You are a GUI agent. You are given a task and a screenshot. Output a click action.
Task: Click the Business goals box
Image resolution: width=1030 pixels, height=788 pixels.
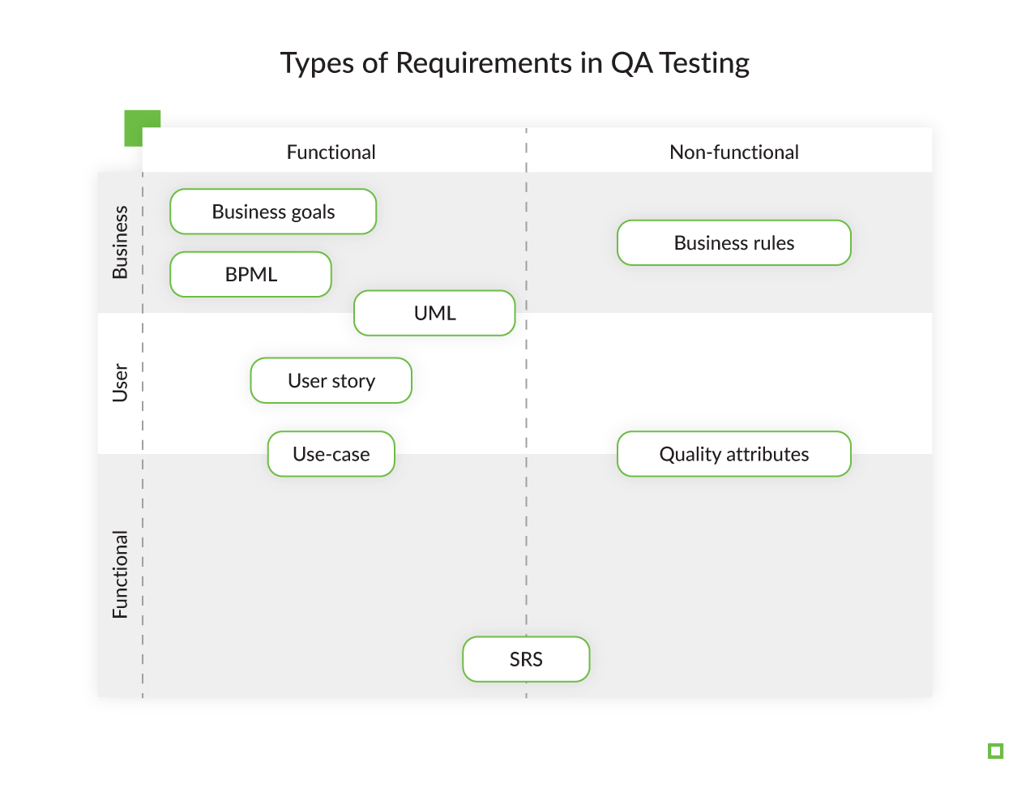[x=273, y=212]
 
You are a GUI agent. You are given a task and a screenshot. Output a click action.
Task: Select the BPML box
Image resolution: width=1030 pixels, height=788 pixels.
[x=250, y=275]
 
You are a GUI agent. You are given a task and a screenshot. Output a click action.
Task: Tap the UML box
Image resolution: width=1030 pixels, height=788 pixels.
[x=434, y=313]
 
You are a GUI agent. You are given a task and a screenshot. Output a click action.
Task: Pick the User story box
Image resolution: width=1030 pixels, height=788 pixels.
[x=331, y=381]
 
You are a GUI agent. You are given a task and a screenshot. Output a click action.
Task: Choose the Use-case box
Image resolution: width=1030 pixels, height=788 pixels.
[x=331, y=454]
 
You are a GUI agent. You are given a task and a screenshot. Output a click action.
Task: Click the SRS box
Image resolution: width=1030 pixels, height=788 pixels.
[x=526, y=659]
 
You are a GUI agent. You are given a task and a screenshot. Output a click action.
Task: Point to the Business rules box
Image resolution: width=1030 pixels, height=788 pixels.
[x=733, y=243]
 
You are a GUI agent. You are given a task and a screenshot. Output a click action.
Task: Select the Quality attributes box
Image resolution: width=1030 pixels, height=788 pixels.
[x=733, y=454]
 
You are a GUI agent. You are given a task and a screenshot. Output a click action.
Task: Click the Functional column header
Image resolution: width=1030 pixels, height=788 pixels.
[x=331, y=152]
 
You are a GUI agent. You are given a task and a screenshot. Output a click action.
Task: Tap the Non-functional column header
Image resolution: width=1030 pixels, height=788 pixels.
[x=733, y=152]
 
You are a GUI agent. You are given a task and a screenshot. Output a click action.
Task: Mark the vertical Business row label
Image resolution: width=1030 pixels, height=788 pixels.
[x=120, y=242]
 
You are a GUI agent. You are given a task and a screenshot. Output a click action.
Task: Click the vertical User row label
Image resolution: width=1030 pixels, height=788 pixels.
[x=120, y=383]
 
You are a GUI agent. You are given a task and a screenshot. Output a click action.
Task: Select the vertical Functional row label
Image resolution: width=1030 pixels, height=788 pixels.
[x=120, y=575]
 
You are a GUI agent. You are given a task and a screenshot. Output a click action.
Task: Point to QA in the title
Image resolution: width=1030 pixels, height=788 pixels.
[x=631, y=63]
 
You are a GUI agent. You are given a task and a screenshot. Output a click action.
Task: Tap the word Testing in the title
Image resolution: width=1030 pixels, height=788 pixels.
[x=704, y=63]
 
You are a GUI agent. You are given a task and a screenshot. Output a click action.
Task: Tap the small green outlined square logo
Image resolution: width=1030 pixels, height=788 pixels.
[x=996, y=751]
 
